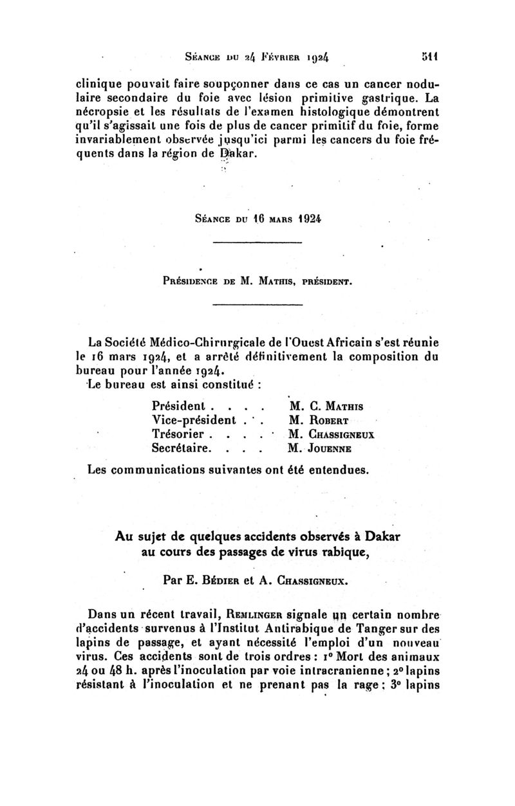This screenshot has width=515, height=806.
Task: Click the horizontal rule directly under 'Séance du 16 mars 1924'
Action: [x=257, y=242]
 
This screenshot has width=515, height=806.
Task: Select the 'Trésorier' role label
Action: [x=178, y=434]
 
